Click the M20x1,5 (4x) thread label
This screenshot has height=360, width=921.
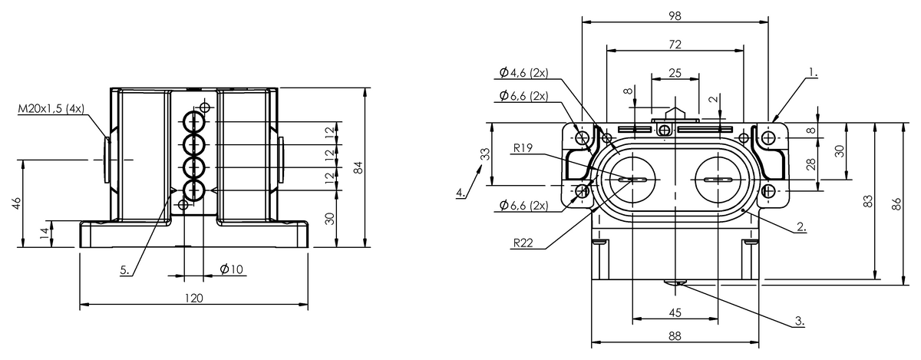coord(51,109)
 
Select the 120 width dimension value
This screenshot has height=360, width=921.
coord(193,298)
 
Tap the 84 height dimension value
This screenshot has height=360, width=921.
coord(358,167)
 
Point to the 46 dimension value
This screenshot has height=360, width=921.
coord(16,203)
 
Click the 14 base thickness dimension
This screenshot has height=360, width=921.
coord(45,233)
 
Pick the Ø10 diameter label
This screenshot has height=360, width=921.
coord(232,269)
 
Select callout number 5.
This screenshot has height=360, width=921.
coord(124,270)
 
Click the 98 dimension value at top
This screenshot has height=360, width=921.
coord(675,15)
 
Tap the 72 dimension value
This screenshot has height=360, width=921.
coord(675,44)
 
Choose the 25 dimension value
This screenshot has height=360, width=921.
coord(675,73)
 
